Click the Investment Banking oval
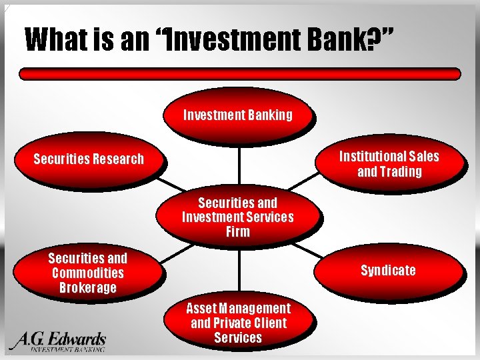238,115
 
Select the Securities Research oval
89,159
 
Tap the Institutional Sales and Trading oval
389,164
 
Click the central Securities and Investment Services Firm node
238,217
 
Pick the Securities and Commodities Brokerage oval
87,273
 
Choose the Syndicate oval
388,270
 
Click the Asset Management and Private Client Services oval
238,323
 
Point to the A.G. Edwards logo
58,341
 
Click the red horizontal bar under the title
239,74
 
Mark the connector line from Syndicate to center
308,251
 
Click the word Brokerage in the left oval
87,288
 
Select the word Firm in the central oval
238,232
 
